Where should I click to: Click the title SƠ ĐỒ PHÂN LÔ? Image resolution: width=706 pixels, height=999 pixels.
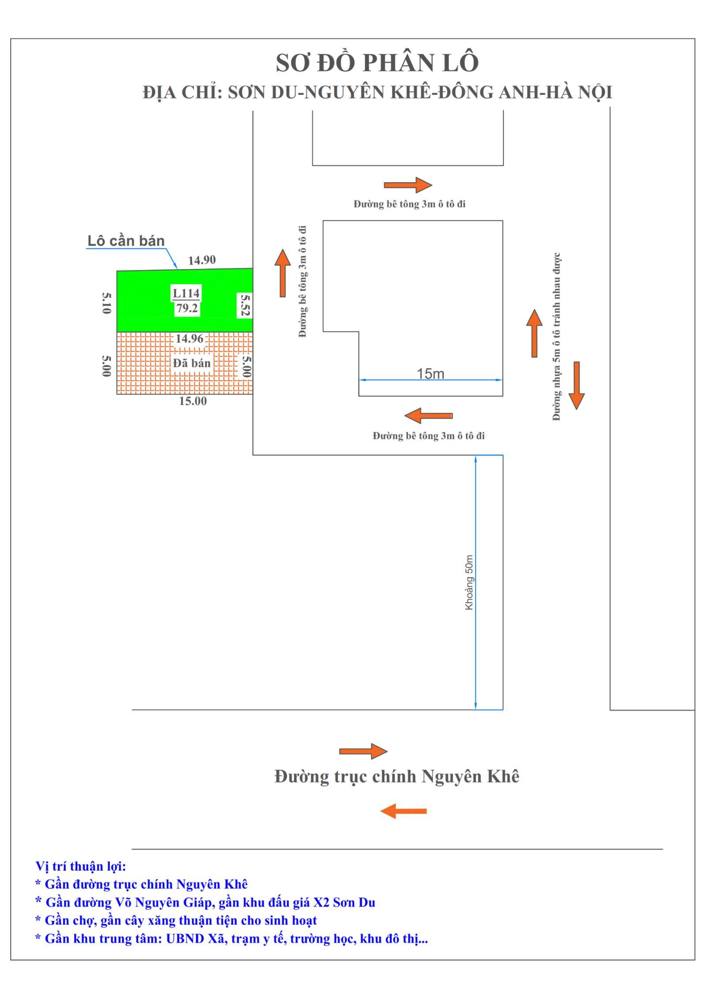[377, 63]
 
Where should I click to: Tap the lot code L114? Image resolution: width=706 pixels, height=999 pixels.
[186, 293]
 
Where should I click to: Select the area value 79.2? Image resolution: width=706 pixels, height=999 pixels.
[187, 308]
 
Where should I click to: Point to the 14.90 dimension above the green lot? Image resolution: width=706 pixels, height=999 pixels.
[202, 260]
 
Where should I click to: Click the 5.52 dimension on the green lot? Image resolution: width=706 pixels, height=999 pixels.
[244, 305]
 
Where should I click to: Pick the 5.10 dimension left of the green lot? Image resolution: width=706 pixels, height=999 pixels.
[106, 303]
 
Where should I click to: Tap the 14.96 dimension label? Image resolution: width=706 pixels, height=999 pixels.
[189, 338]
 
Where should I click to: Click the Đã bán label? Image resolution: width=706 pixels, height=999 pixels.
[192, 363]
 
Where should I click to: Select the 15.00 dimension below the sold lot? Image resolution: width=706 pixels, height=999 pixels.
[193, 401]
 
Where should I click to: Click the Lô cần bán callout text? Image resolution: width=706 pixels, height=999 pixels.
[126, 241]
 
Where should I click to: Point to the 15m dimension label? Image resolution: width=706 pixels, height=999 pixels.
[430, 374]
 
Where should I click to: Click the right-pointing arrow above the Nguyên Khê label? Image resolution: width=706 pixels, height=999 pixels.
[363, 751]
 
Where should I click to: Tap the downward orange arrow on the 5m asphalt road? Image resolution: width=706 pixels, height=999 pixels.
[576, 385]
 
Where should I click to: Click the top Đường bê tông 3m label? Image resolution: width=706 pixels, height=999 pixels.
[409, 204]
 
